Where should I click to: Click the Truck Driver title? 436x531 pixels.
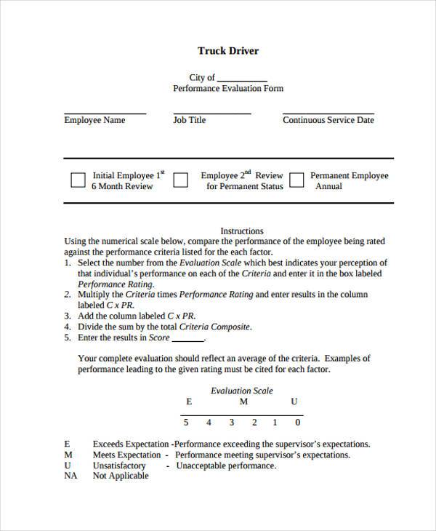tap(228, 51)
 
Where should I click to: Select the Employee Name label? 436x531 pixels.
tap(94, 120)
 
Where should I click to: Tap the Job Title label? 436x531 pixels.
tap(189, 120)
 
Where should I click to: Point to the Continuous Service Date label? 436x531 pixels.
tap(328, 120)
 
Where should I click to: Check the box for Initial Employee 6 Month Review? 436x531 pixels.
tap(78, 180)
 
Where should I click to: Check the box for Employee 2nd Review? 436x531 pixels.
tap(181, 180)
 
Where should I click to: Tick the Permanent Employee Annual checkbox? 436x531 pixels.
tap(296, 180)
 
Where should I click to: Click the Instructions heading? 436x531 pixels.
tap(241, 231)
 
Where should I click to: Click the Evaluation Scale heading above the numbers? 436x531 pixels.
tap(241, 391)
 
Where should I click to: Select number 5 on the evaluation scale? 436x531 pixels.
tap(186, 423)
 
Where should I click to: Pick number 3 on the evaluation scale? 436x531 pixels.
tap(231, 423)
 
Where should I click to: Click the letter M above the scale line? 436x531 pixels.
tap(244, 402)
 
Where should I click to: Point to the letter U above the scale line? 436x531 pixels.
tap(294, 402)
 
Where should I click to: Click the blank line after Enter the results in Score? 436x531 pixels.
tap(187, 339)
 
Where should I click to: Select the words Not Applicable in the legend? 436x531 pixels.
tap(120, 476)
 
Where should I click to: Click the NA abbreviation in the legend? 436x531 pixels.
tap(70, 476)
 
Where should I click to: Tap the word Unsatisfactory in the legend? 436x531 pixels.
tap(119, 466)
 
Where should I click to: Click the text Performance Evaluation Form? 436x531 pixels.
tap(228, 89)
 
